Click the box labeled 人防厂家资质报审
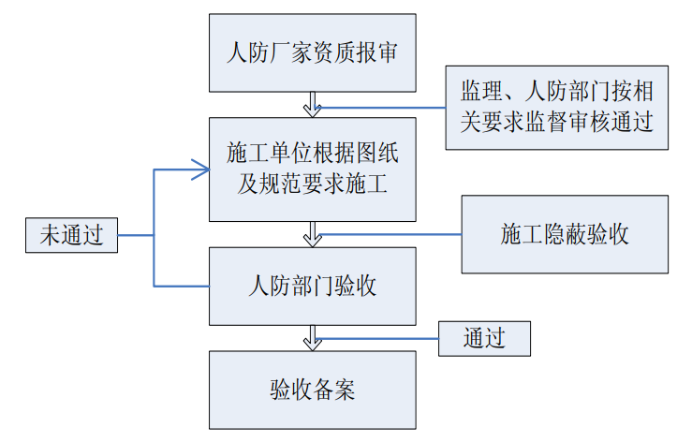pos(312,52)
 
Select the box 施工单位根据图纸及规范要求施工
pos(312,169)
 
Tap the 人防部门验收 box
pos(312,286)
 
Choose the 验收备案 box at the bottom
pos(312,390)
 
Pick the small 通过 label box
pos(484,338)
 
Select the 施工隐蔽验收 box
pos(565,234)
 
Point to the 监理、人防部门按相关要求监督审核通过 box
pos(556,108)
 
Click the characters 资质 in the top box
pos(331,52)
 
